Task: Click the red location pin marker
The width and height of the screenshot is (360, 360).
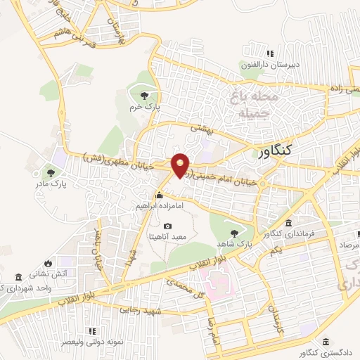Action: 181,165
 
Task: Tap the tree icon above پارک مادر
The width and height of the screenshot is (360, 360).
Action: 51,171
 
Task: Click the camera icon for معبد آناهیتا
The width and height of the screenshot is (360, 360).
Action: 167,226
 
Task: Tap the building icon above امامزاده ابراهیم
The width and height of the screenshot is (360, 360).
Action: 160,195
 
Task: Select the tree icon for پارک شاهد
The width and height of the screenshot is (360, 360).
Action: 233,233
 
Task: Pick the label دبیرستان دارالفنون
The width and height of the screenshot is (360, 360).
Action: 271,65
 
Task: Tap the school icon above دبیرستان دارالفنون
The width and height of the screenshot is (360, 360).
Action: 269,53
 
